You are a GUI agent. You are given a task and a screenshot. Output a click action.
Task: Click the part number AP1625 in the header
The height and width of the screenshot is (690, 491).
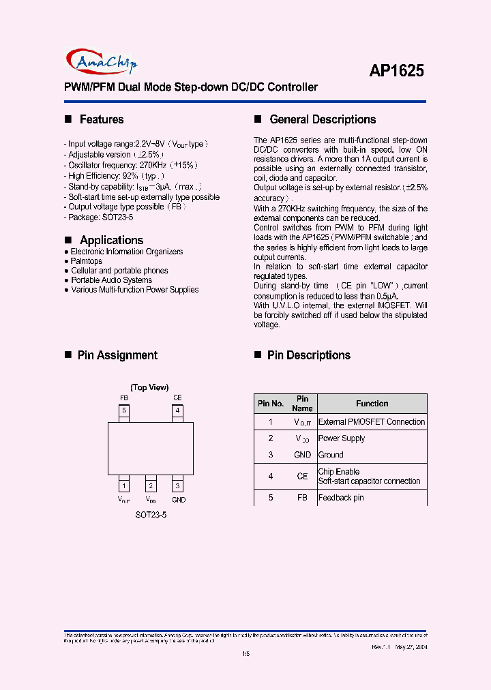click(397, 71)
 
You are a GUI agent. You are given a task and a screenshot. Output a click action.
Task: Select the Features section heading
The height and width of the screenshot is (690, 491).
click(102, 119)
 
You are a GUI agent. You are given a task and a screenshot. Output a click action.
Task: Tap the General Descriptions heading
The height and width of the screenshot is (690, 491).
click(323, 119)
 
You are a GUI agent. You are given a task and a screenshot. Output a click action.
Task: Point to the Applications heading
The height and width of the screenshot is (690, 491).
click(111, 240)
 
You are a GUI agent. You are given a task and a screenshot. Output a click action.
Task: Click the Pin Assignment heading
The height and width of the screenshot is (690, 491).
click(117, 355)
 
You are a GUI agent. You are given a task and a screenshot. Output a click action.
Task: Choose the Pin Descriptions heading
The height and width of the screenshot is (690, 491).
click(308, 355)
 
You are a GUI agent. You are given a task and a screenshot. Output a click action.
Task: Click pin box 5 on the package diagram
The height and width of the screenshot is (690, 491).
click(123, 411)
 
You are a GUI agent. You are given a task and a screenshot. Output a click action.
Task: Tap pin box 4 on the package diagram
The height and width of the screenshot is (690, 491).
click(177, 411)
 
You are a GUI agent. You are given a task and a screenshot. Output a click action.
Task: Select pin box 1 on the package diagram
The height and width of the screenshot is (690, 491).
click(123, 486)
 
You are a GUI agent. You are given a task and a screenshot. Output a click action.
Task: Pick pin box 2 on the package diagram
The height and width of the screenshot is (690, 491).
click(151, 486)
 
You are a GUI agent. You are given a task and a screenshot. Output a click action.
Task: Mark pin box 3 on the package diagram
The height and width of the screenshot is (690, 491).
click(177, 486)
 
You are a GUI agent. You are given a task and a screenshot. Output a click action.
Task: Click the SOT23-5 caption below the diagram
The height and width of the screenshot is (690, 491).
click(151, 515)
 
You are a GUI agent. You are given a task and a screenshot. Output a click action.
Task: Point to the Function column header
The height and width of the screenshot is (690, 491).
click(372, 404)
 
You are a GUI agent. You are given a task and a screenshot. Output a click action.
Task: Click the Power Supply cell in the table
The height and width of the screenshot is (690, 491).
click(342, 438)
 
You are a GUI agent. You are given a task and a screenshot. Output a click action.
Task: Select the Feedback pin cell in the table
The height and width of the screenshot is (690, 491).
click(341, 498)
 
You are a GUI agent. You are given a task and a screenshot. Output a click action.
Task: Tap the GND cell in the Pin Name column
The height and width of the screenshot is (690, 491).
click(302, 455)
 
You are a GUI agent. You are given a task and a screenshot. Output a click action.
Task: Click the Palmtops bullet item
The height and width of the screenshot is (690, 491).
click(87, 261)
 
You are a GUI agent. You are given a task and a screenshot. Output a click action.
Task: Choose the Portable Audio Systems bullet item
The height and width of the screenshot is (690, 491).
click(111, 280)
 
